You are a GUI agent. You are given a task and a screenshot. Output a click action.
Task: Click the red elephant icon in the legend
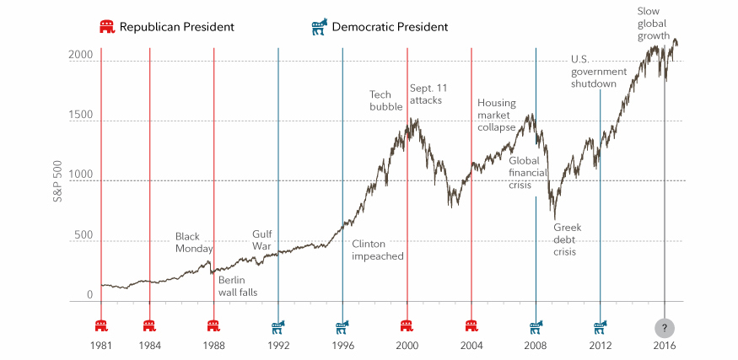point(107,27)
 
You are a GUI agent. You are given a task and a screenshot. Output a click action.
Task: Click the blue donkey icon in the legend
point(320,27)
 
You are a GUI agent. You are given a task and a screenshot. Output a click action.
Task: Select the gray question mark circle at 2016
point(665,327)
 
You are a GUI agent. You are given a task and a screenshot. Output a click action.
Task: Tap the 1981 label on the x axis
point(101,346)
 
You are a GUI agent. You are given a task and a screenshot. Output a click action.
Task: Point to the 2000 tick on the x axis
point(407,346)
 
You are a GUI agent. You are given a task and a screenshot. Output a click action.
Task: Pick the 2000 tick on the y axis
point(80,54)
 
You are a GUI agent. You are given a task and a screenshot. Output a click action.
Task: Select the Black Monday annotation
point(194,242)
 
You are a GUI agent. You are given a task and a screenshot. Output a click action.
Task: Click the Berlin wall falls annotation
point(237,286)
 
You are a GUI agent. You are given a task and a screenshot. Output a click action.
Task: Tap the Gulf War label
point(264,240)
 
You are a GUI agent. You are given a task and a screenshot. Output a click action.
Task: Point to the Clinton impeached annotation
point(378,250)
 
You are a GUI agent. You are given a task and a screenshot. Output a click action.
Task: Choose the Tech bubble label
point(385,99)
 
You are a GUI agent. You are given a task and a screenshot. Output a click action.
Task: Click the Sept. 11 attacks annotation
point(426,94)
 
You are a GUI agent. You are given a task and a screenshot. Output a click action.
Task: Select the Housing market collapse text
point(496,115)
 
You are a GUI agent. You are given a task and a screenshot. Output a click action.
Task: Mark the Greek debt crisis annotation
point(568,239)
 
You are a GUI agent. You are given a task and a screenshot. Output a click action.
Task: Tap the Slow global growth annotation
point(654,24)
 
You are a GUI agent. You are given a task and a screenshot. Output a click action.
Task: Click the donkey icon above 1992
point(278,326)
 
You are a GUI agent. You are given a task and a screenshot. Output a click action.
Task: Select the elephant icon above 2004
point(471,326)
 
